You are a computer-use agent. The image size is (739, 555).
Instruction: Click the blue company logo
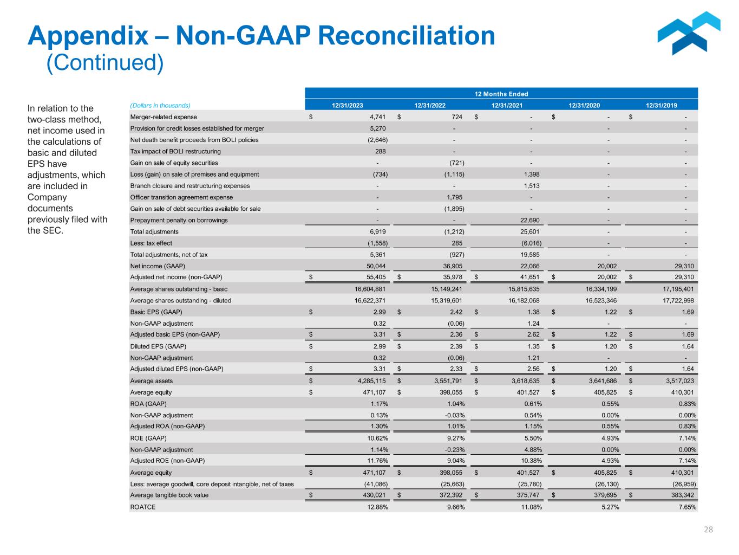689,34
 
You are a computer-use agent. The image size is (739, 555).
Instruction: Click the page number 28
708,530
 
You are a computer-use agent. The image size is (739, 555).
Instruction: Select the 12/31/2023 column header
347,106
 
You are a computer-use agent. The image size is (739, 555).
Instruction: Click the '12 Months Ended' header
501,94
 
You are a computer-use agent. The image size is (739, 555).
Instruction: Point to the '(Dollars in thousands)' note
160,106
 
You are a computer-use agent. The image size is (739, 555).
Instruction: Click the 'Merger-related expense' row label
164,117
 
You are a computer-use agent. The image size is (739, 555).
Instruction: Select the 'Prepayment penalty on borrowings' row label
179,220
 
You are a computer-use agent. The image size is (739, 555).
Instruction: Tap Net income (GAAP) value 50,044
376,266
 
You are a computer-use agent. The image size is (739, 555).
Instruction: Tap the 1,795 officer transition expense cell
454,197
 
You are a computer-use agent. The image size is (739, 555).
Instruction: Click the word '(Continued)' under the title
104,63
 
